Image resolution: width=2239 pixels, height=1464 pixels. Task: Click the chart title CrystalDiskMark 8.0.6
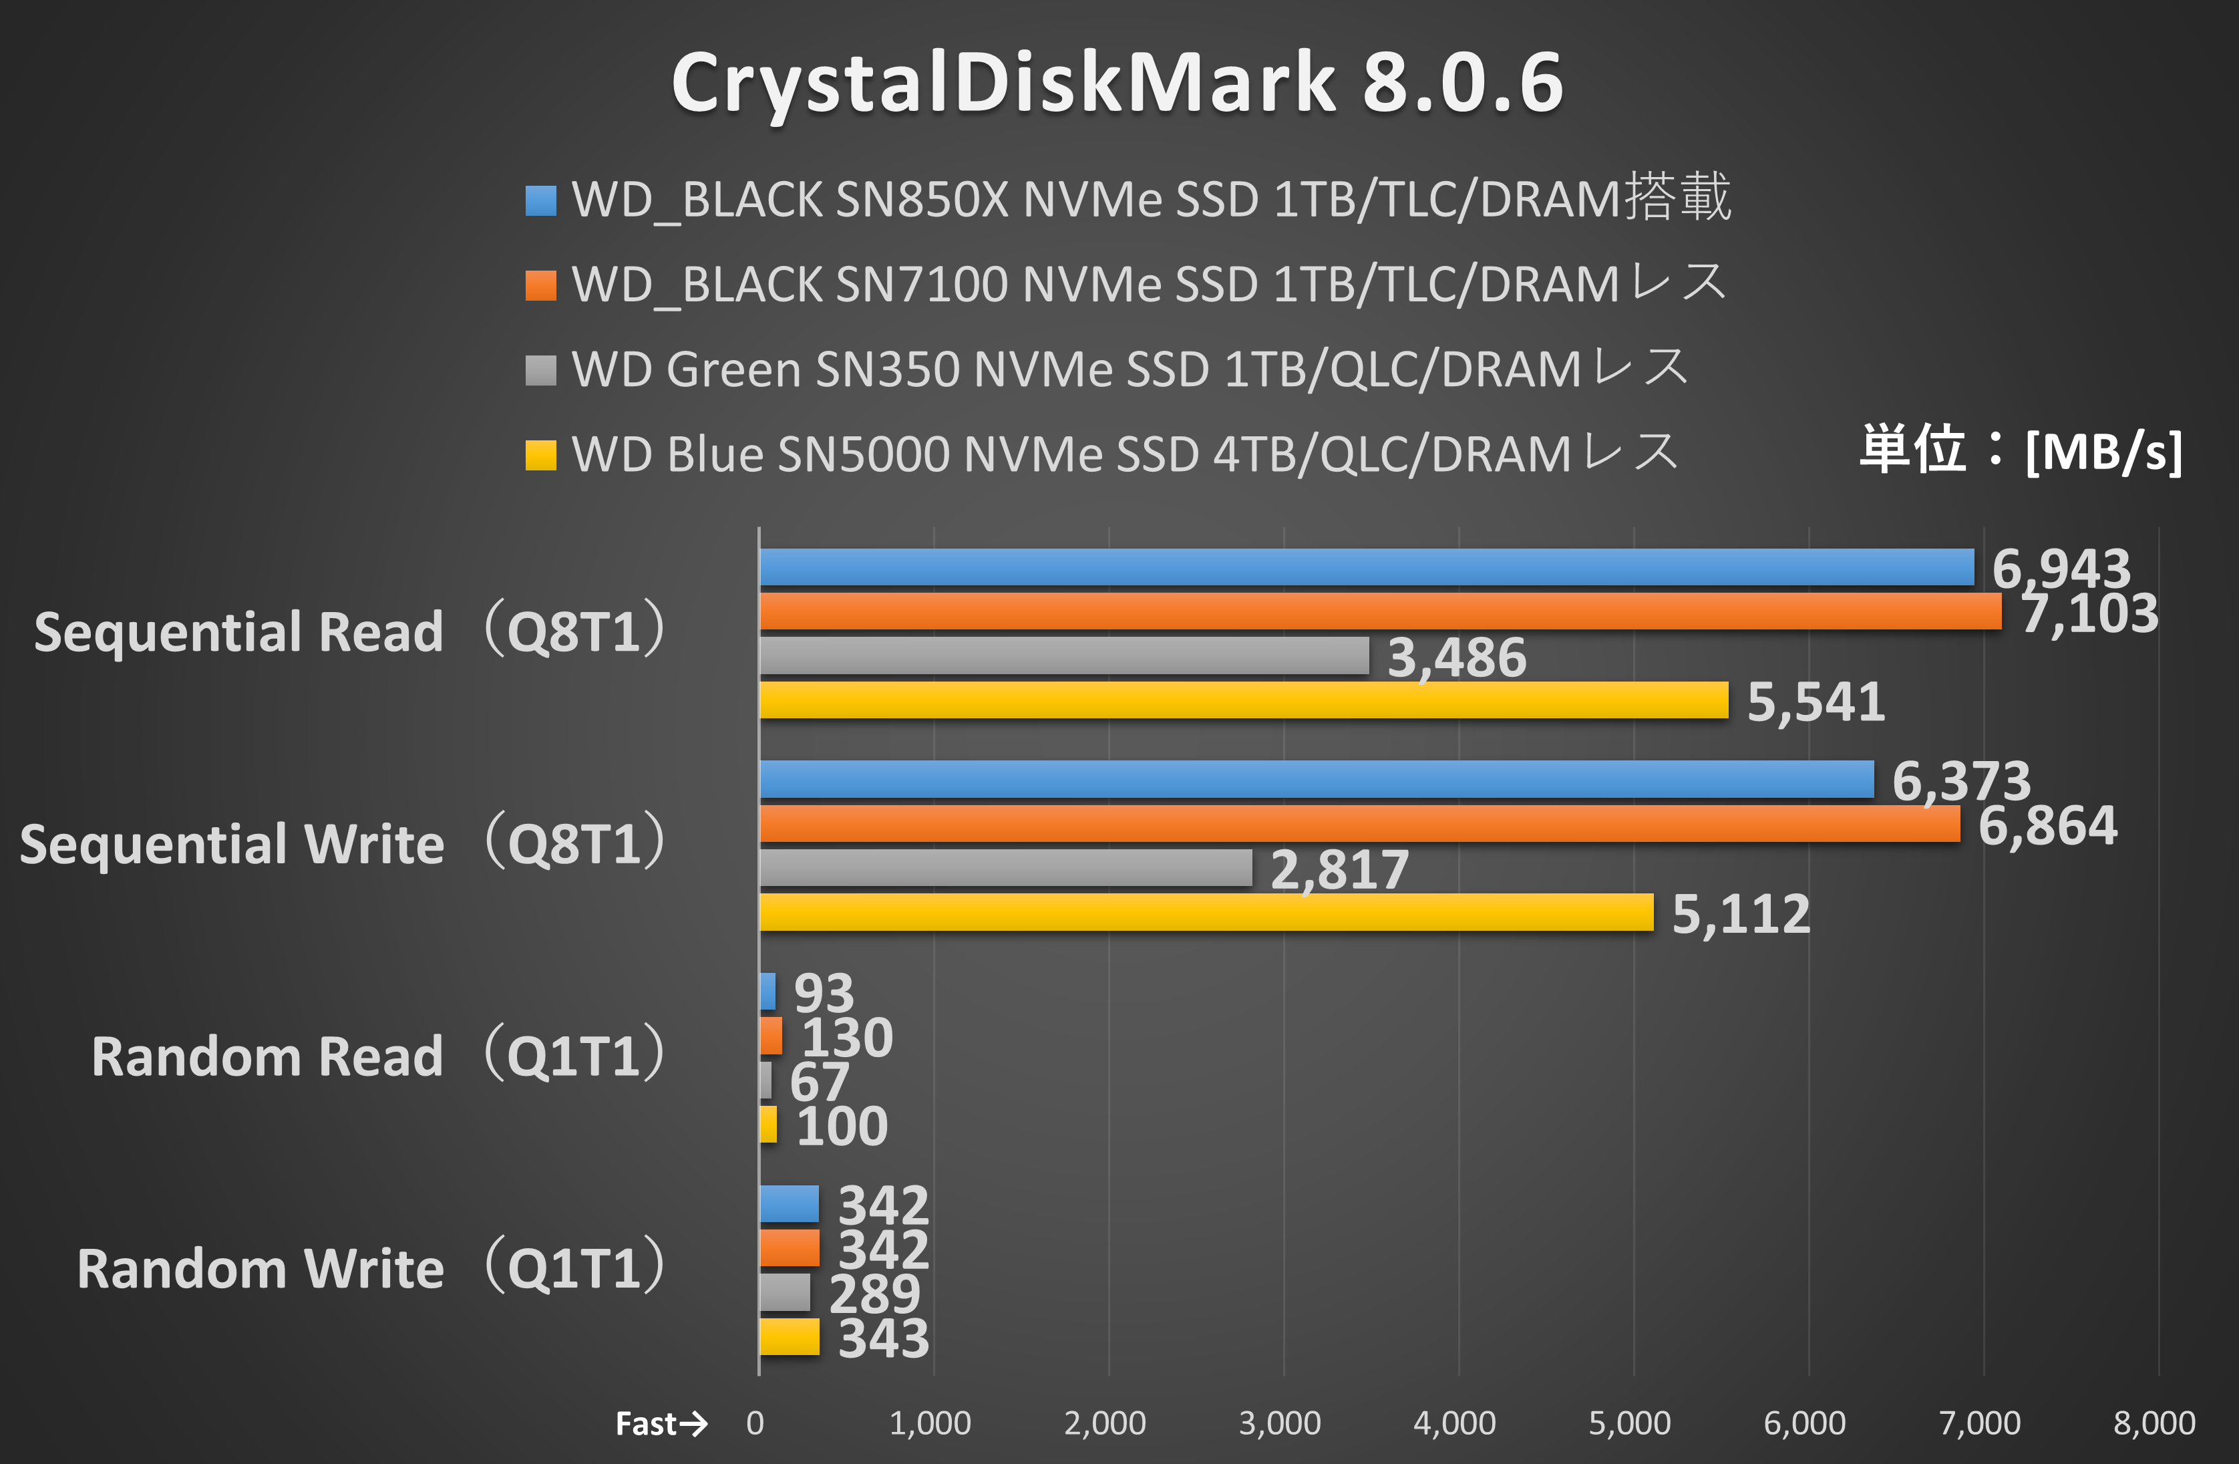point(1117,83)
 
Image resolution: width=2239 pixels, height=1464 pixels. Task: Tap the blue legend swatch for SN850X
point(541,200)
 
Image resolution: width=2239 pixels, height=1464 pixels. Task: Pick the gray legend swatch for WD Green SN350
point(541,370)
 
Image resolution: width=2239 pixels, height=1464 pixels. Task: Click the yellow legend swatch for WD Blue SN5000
point(541,456)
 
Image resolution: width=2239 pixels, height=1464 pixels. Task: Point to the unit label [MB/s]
point(2103,452)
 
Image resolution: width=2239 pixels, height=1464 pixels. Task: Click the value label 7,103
point(2089,613)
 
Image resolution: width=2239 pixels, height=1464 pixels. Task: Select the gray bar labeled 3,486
point(1063,655)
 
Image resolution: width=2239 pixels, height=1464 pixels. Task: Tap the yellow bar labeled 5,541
point(1242,700)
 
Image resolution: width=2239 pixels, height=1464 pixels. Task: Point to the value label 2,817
point(1340,869)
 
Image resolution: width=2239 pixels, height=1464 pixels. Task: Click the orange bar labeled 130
point(770,1036)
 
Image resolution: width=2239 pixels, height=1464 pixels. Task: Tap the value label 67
point(818,1082)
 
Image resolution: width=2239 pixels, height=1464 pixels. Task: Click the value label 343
point(883,1338)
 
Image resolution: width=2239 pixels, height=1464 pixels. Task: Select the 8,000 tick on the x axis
point(2154,1423)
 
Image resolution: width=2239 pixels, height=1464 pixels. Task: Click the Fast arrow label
point(661,1423)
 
